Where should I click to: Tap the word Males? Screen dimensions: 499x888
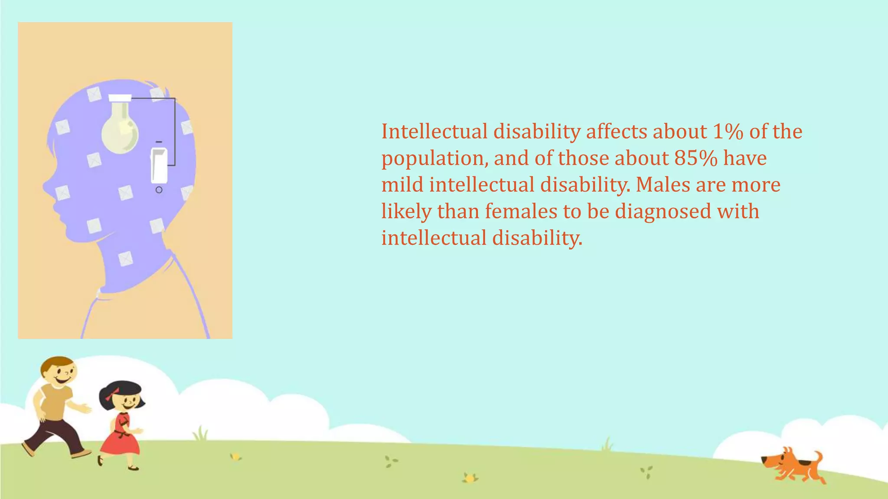(x=663, y=185)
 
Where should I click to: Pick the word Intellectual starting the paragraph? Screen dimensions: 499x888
(x=434, y=131)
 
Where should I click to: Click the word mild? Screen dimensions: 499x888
(x=402, y=185)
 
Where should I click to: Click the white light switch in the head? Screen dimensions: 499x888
(x=159, y=165)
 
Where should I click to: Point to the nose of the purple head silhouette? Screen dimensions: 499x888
(x=45, y=187)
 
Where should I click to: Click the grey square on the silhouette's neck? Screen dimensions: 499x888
(x=125, y=259)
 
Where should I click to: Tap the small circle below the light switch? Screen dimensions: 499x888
(x=159, y=190)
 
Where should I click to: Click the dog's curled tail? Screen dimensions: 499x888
(x=817, y=457)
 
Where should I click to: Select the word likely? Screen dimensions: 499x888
(x=406, y=212)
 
